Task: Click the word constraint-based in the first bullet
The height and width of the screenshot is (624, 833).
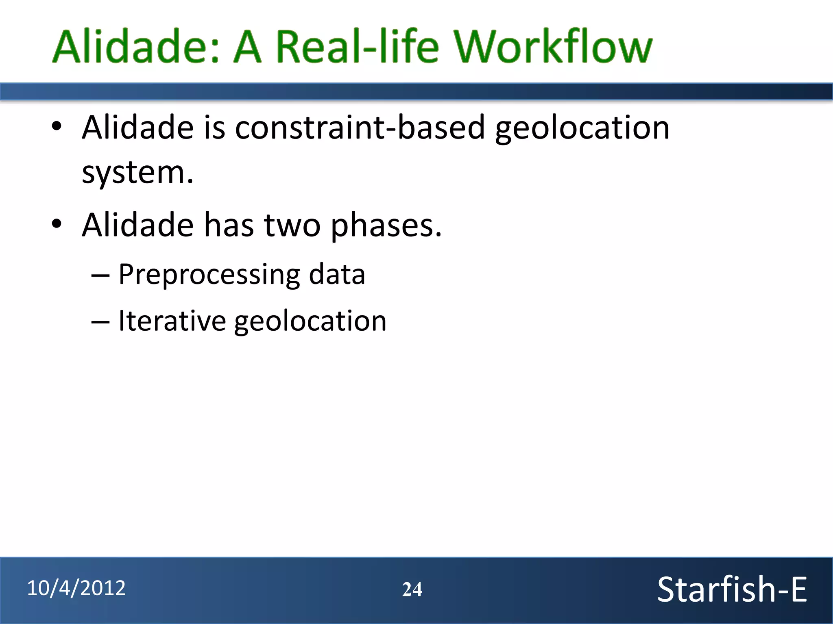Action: pyautogui.click(x=360, y=128)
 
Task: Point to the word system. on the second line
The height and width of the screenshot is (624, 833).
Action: pyautogui.click(x=137, y=173)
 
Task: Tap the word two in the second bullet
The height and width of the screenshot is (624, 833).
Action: pyautogui.click(x=292, y=225)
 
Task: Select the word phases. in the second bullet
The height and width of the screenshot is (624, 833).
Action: pyautogui.click(x=386, y=226)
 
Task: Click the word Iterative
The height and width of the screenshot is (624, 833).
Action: pyautogui.click(x=172, y=321)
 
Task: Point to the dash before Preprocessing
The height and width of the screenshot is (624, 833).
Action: pyautogui.click(x=100, y=276)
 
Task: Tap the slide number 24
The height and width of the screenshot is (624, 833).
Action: pyautogui.click(x=412, y=589)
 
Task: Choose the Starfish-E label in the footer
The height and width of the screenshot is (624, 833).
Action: pyautogui.click(x=732, y=589)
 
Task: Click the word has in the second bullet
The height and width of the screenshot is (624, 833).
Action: pyautogui.click(x=229, y=225)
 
